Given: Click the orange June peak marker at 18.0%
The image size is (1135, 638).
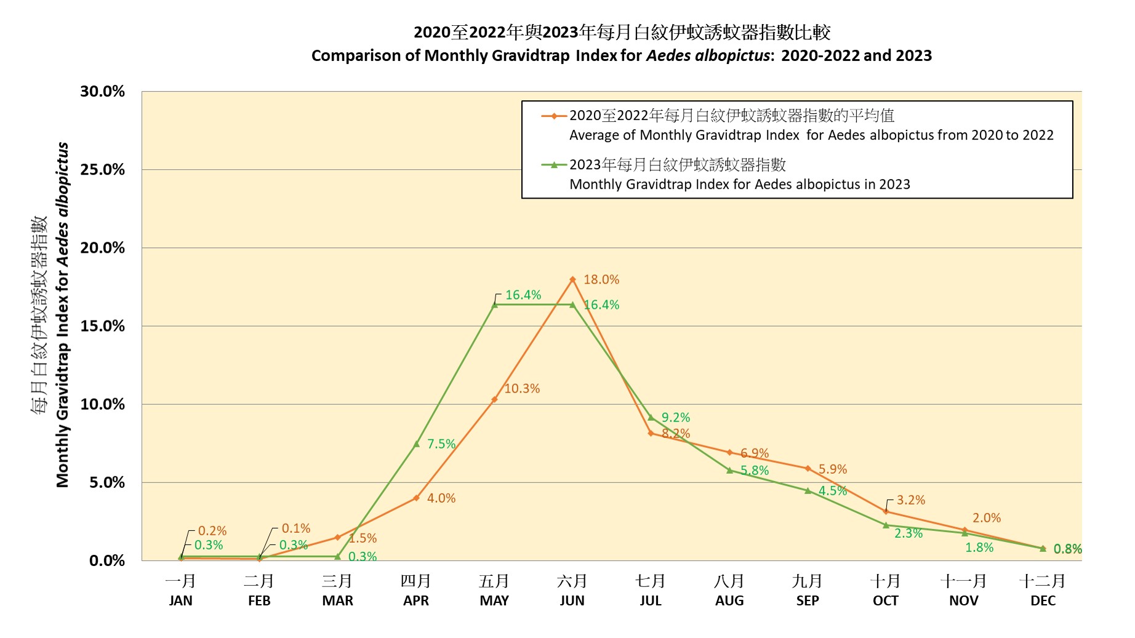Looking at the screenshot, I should [572, 279].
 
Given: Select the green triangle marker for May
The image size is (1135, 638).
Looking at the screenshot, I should [494, 305].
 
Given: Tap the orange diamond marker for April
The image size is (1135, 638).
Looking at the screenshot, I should [416, 498].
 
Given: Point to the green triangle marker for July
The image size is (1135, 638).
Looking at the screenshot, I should [651, 417].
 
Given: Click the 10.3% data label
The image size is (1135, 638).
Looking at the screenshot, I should [522, 389].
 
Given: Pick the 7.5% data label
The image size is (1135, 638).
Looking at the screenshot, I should [441, 444].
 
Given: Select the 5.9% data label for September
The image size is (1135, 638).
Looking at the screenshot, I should [833, 469].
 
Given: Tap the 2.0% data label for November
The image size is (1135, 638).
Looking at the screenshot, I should [987, 518].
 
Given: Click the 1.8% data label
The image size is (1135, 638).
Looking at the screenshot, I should [979, 548].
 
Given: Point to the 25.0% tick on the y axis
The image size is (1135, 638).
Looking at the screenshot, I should [102, 170].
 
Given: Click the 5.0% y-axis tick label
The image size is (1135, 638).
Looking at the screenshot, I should [106, 483].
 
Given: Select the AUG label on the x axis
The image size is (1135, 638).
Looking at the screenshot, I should [729, 600].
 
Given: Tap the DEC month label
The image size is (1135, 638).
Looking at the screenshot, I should [1043, 600].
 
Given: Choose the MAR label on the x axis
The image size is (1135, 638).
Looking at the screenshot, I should [337, 600].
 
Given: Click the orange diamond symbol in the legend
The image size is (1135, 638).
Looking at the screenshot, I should [554, 116].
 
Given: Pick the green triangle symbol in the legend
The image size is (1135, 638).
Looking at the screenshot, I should [554, 165].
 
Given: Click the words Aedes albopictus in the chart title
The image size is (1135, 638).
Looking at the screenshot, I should [707, 56].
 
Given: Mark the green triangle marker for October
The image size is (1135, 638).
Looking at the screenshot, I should [886, 525].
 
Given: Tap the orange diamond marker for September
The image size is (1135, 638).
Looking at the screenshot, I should [808, 468].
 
